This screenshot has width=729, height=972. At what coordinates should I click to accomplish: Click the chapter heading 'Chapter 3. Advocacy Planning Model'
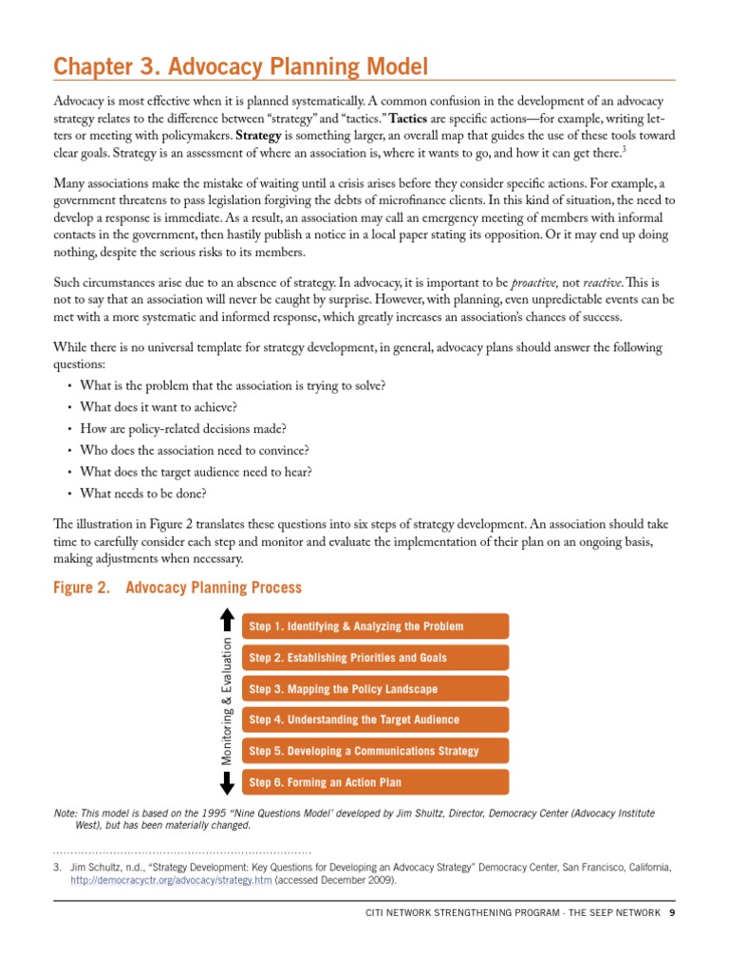click(241, 66)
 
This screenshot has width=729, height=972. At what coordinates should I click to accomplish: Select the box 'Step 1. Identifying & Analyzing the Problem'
click(375, 626)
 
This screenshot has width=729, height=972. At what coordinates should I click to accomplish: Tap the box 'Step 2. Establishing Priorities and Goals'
click(375, 658)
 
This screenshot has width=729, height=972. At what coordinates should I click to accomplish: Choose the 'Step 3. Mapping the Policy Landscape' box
click(375, 689)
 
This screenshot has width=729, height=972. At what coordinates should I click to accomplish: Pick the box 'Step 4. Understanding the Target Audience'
click(375, 720)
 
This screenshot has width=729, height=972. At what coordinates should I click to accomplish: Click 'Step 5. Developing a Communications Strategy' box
click(375, 752)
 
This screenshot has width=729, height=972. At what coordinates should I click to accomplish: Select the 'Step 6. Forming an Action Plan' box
click(375, 783)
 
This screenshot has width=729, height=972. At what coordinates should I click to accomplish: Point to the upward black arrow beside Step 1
click(227, 620)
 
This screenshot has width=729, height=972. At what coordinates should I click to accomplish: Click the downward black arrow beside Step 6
click(227, 783)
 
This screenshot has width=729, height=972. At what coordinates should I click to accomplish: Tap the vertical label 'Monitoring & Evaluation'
click(227, 701)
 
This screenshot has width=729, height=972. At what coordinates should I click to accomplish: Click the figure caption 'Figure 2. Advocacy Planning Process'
click(178, 588)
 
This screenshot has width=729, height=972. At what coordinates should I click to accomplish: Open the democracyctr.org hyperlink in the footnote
click(171, 880)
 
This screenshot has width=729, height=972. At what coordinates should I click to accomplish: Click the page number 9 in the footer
click(671, 913)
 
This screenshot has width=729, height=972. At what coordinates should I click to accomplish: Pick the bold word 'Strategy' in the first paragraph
click(259, 135)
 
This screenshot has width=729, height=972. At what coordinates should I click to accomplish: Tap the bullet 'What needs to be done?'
click(143, 493)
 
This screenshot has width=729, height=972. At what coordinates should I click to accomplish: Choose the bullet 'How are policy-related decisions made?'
click(183, 429)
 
